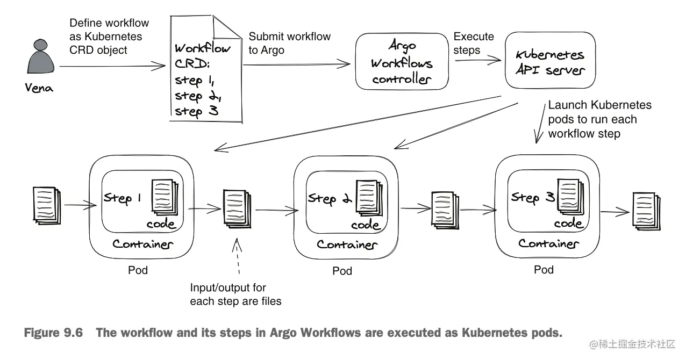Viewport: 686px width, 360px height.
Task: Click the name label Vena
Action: (39, 89)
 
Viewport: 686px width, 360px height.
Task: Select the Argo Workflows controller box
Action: (402, 62)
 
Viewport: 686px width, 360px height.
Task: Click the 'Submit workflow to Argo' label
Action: (289, 43)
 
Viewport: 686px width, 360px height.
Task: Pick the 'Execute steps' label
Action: (474, 43)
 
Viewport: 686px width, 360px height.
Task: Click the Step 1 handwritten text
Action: (122, 198)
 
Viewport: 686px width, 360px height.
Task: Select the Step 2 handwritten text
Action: (328, 198)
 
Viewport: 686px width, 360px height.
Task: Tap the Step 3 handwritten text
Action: (532, 197)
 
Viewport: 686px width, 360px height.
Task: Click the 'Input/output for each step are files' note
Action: (235, 294)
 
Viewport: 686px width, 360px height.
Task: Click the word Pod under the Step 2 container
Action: (342, 271)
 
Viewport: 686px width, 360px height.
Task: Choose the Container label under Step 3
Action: (548, 243)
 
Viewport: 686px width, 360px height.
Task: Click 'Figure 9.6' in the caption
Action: (53, 333)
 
